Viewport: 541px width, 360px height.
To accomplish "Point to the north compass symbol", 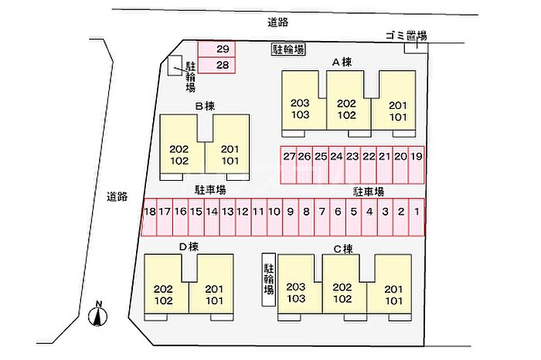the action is pyautogui.click(x=98, y=314).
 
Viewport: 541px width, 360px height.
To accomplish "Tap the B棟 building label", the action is pyautogui.click(x=204, y=106).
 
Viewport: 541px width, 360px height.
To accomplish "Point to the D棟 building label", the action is pyautogui.click(x=189, y=246).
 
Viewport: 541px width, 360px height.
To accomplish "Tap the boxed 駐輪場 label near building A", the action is pyautogui.click(x=288, y=49).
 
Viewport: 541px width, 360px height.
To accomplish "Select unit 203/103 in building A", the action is pyautogui.click(x=300, y=108).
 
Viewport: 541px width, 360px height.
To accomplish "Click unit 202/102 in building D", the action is pyautogui.click(x=163, y=294).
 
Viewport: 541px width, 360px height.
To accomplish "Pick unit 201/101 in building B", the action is pyautogui.click(x=230, y=155).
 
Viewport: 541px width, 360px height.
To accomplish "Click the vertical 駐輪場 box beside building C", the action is pyautogui.click(x=268, y=280).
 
